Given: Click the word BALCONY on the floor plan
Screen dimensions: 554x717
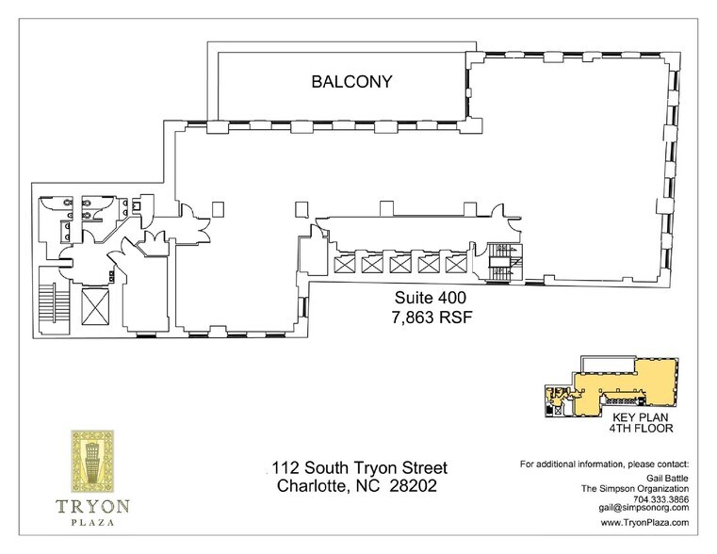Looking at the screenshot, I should (351, 83).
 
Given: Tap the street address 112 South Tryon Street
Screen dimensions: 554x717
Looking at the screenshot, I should (358, 468).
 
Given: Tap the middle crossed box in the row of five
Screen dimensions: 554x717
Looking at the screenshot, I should (401, 264).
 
